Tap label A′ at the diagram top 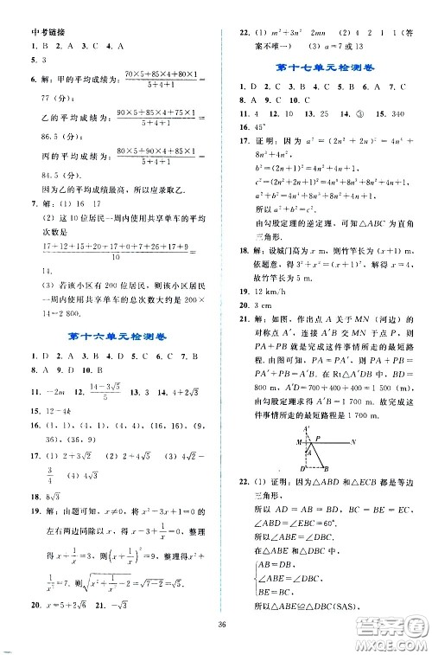click(307, 453)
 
